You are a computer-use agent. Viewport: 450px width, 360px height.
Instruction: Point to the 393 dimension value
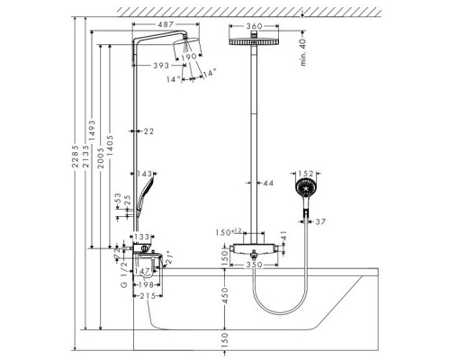click(162, 65)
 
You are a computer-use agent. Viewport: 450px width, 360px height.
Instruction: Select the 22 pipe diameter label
click(148, 131)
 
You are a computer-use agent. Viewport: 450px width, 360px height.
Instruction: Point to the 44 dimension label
click(267, 183)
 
